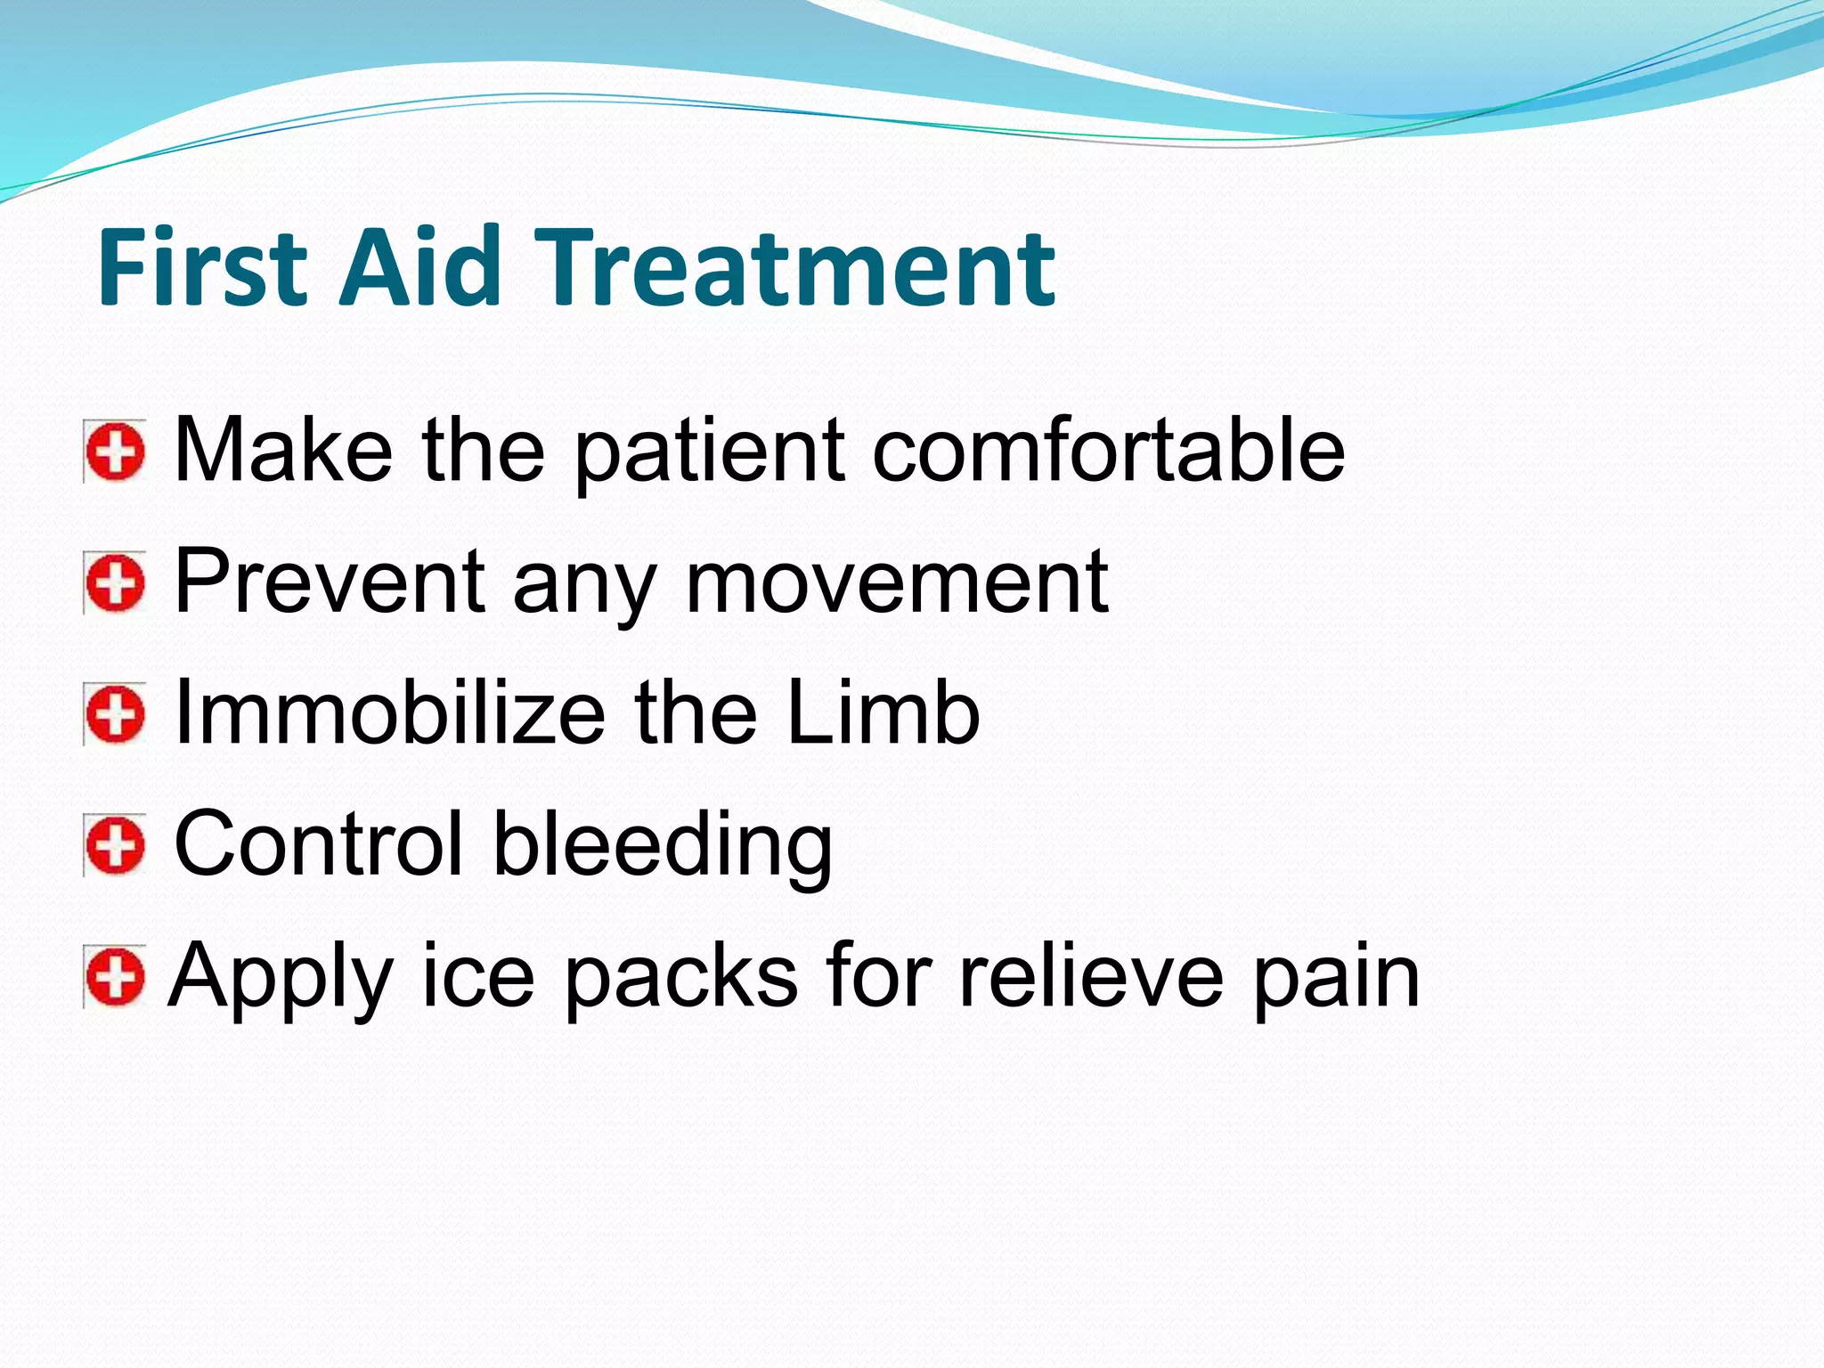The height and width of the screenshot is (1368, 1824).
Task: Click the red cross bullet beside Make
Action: (115, 452)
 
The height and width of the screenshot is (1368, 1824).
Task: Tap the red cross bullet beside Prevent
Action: (115, 583)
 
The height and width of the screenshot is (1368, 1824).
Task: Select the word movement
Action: (897, 583)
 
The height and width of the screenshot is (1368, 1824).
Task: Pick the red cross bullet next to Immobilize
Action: (115, 714)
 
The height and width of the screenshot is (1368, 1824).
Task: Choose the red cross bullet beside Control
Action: (115, 845)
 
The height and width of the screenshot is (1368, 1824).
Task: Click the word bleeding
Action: (663, 845)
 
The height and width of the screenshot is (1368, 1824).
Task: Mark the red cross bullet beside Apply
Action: (115, 977)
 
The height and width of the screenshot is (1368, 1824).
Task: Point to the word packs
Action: (681, 977)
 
